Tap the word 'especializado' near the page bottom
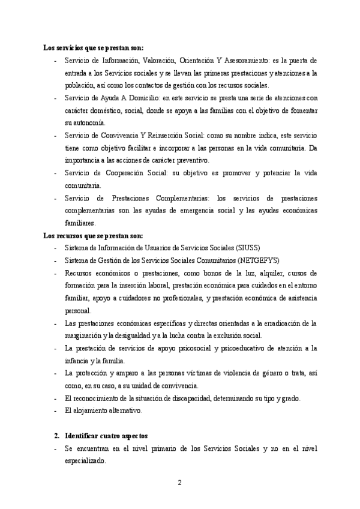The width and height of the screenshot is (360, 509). click(x=85, y=461)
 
